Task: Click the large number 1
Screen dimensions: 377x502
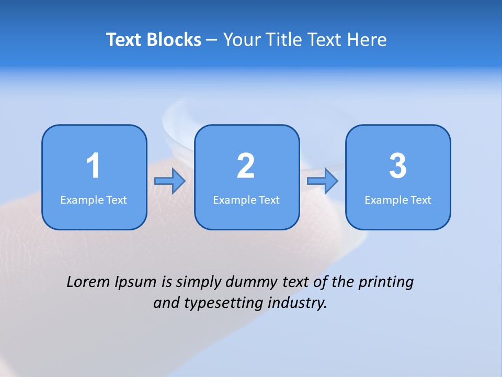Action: click(94, 166)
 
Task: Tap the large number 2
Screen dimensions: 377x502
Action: click(246, 166)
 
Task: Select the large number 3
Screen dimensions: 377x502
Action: click(398, 166)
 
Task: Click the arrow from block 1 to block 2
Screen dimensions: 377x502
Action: click(170, 181)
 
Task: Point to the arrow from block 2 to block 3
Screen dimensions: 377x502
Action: click(322, 181)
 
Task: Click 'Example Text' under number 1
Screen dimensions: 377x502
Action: click(94, 200)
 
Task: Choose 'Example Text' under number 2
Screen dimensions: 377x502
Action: click(246, 200)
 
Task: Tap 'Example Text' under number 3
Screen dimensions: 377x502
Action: click(398, 200)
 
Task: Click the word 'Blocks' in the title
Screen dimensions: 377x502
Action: click(174, 40)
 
